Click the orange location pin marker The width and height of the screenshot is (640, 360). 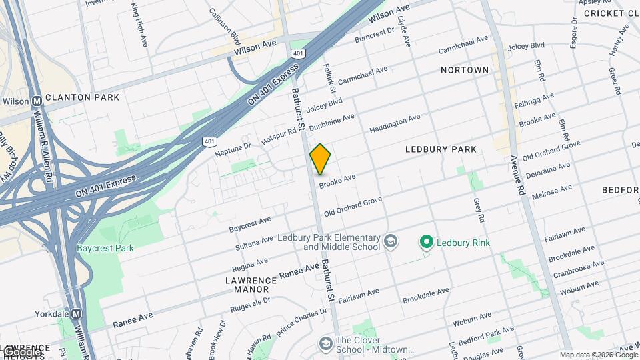tap(321, 159)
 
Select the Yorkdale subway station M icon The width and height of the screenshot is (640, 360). tap(77, 313)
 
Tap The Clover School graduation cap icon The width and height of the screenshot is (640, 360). tap(325, 344)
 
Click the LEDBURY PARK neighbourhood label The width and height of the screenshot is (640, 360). tap(441, 149)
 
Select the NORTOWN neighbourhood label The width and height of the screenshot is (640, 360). tap(465, 70)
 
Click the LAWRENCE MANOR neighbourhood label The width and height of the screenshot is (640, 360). tap(247, 285)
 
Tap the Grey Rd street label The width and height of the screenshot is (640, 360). tap(478, 209)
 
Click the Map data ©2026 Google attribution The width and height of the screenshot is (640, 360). tap(598, 355)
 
